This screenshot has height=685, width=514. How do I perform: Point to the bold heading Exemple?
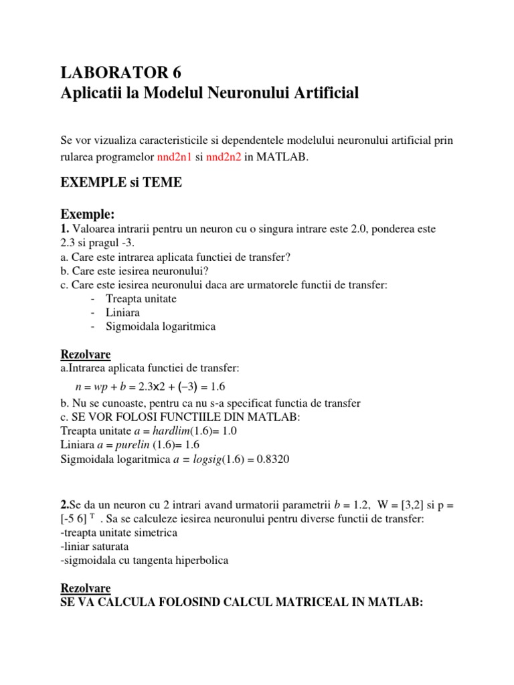pyautogui.click(x=88, y=214)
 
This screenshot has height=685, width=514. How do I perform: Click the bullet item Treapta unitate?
pyautogui.click(x=141, y=298)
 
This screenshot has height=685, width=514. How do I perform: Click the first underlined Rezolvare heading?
pyautogui.click(x=85, y=354)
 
